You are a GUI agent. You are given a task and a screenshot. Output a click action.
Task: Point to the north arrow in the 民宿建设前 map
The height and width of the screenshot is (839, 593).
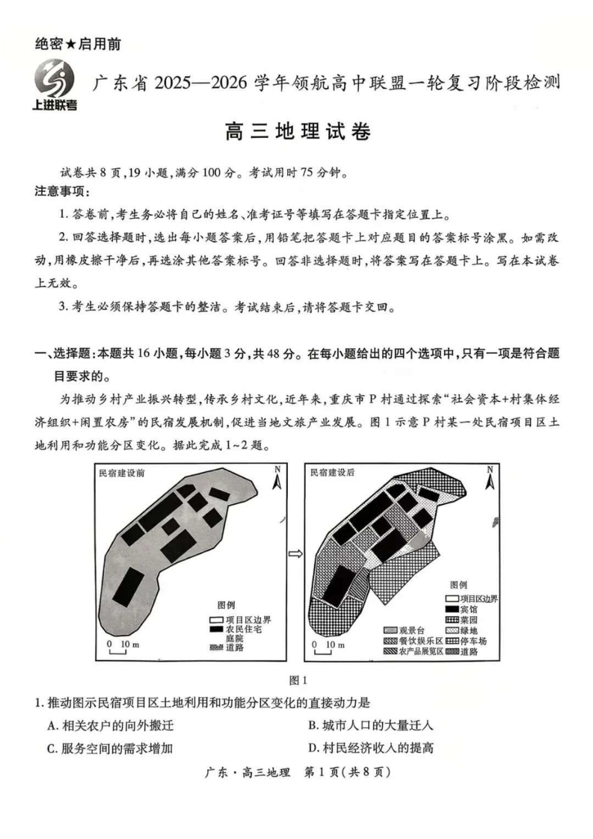click(277, 479)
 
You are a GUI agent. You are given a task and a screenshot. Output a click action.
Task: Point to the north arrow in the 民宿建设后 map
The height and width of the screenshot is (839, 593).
click(490, 479)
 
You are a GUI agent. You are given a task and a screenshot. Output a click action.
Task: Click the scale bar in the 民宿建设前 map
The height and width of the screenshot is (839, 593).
click(117, 649)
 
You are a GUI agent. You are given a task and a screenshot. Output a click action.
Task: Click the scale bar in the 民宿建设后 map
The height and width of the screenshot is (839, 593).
click(323, 649)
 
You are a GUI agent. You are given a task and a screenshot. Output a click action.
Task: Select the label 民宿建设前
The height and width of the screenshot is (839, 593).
click(122, 473)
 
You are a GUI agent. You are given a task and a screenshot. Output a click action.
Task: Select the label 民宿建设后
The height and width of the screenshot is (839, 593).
click(333, 473)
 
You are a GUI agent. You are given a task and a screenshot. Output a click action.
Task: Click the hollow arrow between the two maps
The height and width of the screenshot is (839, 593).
click(295, 553)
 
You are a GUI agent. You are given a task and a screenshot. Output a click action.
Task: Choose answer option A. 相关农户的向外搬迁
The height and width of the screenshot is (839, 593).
click(110, 725)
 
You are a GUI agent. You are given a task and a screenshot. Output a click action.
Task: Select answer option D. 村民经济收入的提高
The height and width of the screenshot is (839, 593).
click(371, 748)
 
